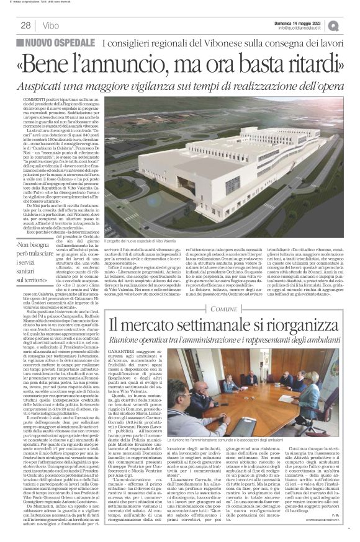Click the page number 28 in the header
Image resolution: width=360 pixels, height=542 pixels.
25,25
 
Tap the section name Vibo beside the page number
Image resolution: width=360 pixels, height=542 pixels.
52,25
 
